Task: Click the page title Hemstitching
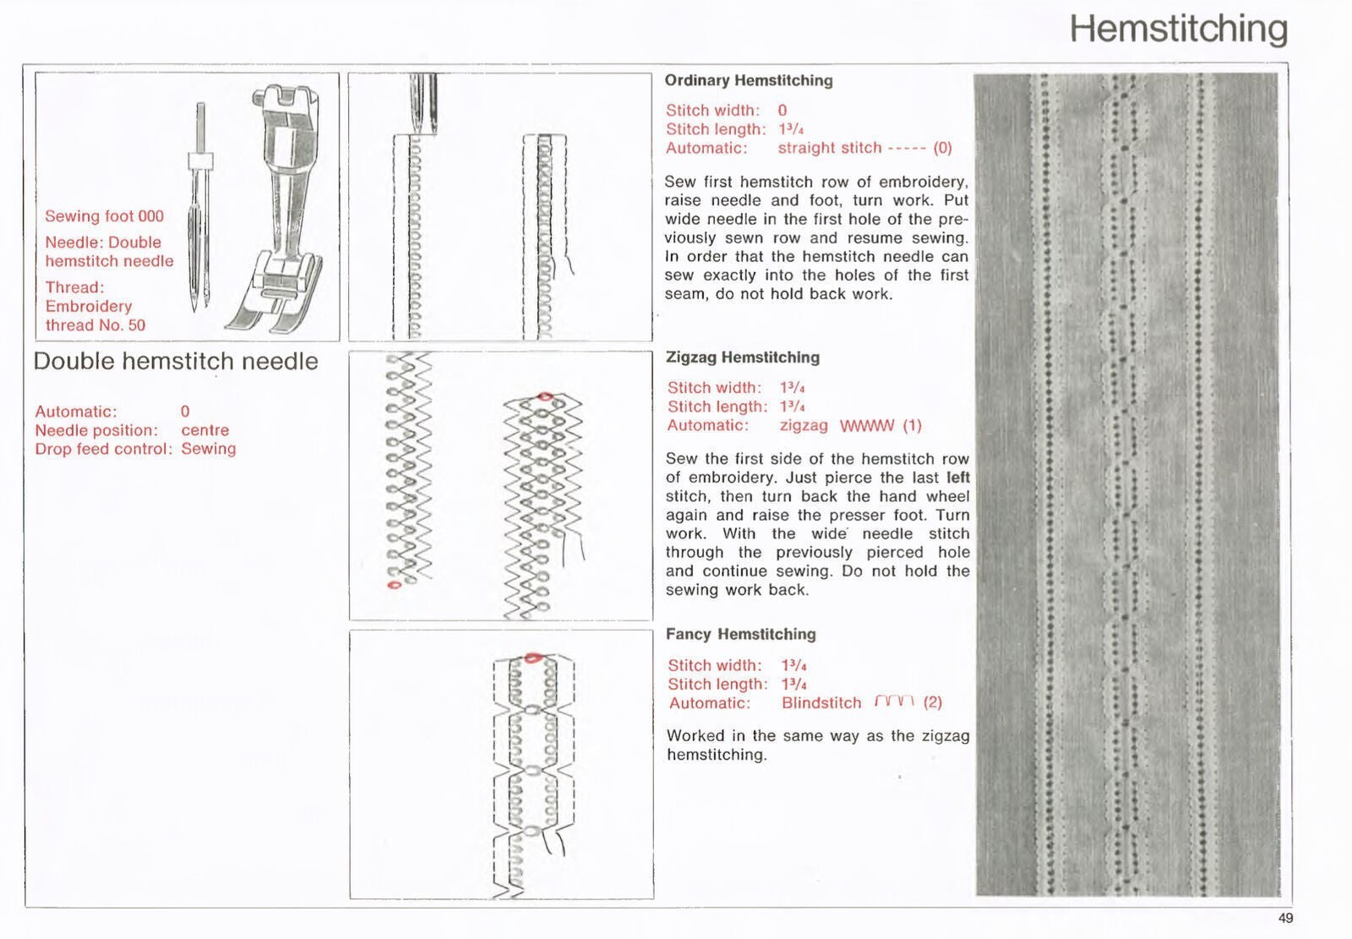point(1178,29)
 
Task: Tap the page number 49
point(1285,919)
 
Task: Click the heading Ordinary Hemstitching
point(748,80)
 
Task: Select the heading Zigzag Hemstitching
point(742,357)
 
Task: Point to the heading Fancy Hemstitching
point(740,634)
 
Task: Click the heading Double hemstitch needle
point(176,362)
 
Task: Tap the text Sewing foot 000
point(104,216)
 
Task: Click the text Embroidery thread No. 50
point(94,315)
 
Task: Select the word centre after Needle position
point(204,430)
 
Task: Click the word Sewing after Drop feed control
point(208,449)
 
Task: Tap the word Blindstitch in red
point(820,703)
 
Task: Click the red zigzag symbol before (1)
point(866,426)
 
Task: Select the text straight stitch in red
point(829,148)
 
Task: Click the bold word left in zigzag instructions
point(957,478)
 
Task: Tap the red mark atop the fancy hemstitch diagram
point(532,658)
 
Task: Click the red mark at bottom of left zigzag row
point(392,584)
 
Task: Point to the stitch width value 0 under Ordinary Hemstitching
point(782,110)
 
